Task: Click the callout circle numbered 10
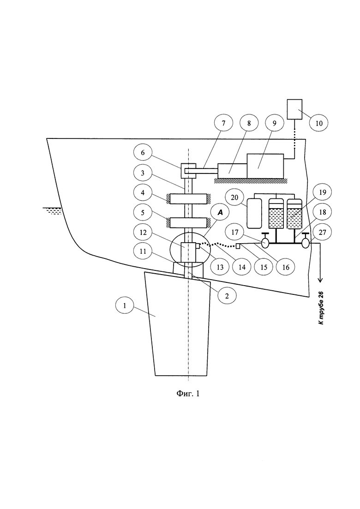319,123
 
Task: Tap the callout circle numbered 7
223,123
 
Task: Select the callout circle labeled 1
125,305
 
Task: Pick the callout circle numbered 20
235,198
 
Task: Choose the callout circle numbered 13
220,267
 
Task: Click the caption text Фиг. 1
188,394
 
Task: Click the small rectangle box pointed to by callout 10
295,109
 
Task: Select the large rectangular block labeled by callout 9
265,166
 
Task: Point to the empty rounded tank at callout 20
253,213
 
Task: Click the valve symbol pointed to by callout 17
265,243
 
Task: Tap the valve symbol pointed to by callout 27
306,243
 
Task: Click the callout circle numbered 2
227,295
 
